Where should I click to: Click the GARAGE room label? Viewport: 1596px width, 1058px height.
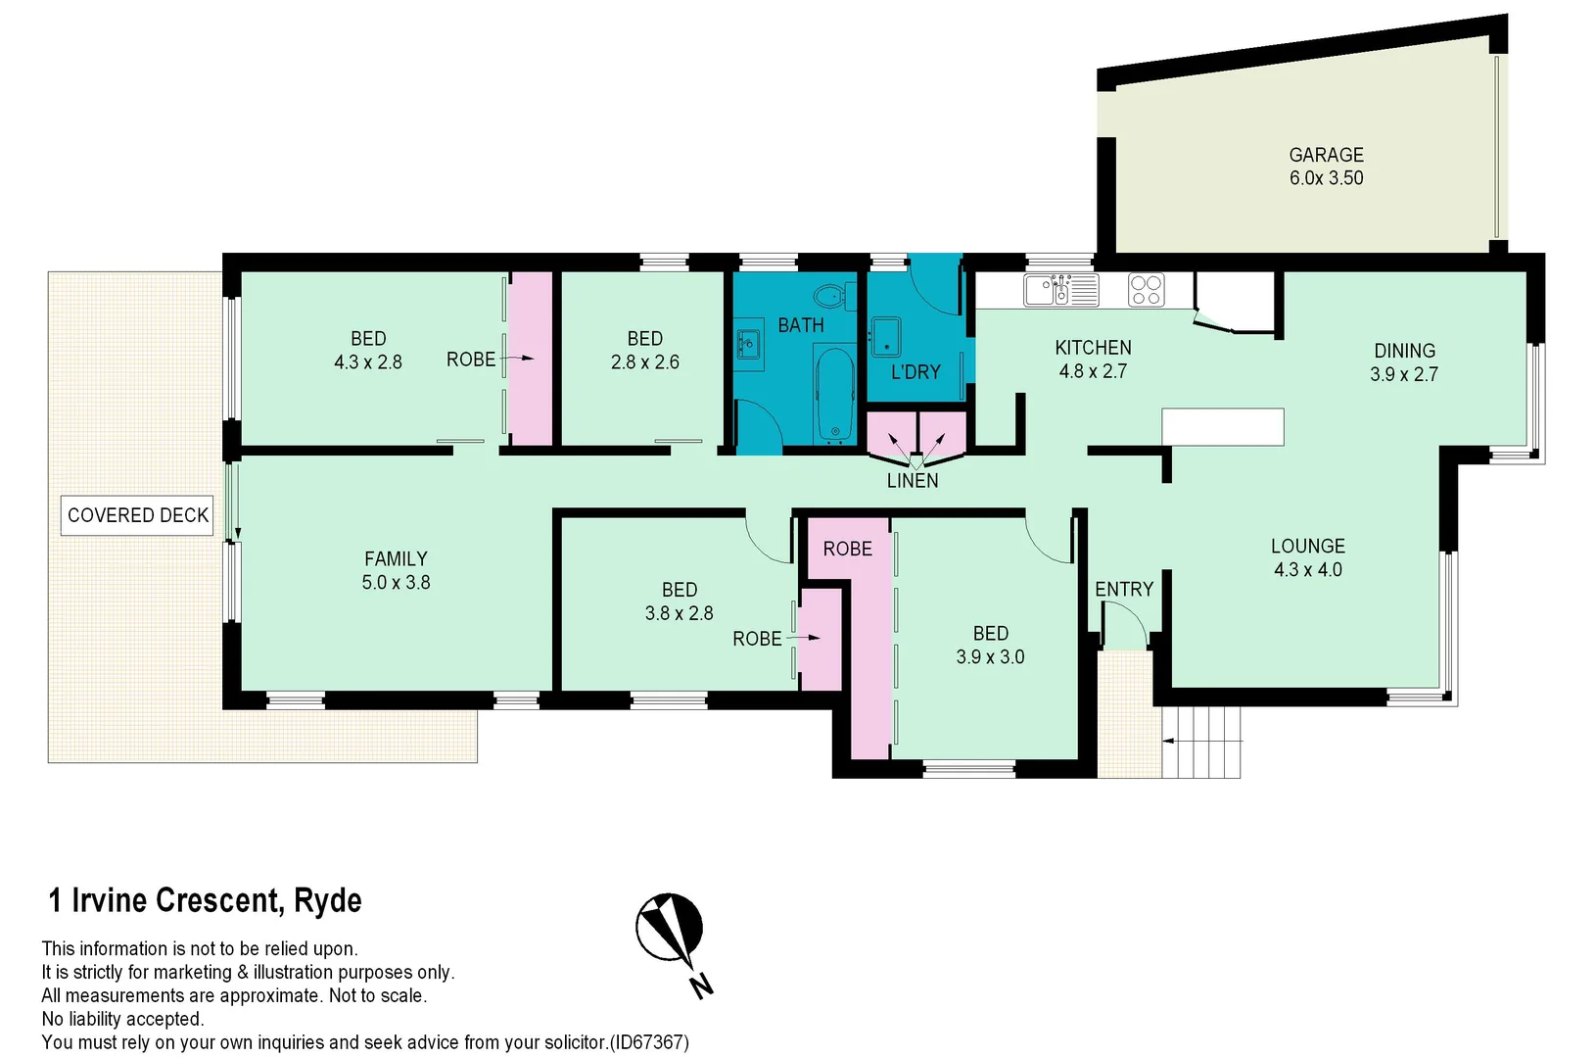pyautogui.click(x=1326, y=155)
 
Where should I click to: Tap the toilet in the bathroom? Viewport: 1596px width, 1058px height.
pyautogui.click(x=831, y=293)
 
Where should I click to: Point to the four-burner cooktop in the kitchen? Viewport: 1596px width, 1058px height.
pyautogui.click(x=1146, y=290)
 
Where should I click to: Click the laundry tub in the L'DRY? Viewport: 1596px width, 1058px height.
pyautogui.click(x=886, y=336)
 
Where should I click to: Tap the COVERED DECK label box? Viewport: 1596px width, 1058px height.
pyautogui.click(x=138, y=515)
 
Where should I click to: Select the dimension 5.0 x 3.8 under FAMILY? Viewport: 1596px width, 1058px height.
pyautogui.click(x=396, y=583)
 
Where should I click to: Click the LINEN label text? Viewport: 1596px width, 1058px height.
pyautogui.click(x=913, y=481)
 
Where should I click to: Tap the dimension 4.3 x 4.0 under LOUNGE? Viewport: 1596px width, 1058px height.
pyautogui.click(x=1307, y=570)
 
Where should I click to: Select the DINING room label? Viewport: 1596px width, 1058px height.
pyautogui.click(x=1404, y=351)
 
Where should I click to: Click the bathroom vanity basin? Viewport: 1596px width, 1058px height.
pyautogui.click(x=749, y=345)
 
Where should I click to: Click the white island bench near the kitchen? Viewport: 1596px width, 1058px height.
pyautogui.click(x=1222, y=427)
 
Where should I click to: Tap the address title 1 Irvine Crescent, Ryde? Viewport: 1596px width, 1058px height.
pyautogui.click(x=206, y=900)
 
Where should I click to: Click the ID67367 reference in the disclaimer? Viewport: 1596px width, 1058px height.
pyautogui.click(x=649, y=1042)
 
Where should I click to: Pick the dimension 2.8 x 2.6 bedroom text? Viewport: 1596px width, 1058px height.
pyautogui.click(x=644, y=362)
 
